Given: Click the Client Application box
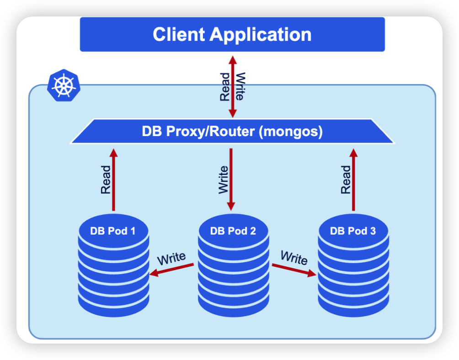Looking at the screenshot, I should (x=232, y=35).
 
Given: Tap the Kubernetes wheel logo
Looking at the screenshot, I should (x=63, y=85).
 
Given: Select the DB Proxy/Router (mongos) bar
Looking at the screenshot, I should (x=232, y=132).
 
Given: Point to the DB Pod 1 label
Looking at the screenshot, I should (x=113, y=231).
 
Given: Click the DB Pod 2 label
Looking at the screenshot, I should (x=233, y=231).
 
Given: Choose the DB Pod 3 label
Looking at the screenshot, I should (x=353, y=231).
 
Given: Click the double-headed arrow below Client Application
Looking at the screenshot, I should (x=232, y=87).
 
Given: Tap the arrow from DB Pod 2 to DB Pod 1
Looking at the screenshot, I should (x=172, y=270).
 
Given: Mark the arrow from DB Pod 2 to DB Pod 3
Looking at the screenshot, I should (x=294, y=270).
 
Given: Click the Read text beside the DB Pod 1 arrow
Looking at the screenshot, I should (x=105, y=180).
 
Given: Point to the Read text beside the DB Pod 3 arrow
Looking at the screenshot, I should (x=346, y=180).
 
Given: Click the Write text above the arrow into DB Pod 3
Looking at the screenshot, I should (x=294, y=258).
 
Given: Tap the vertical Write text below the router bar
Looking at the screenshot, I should (x=224, y=180).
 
